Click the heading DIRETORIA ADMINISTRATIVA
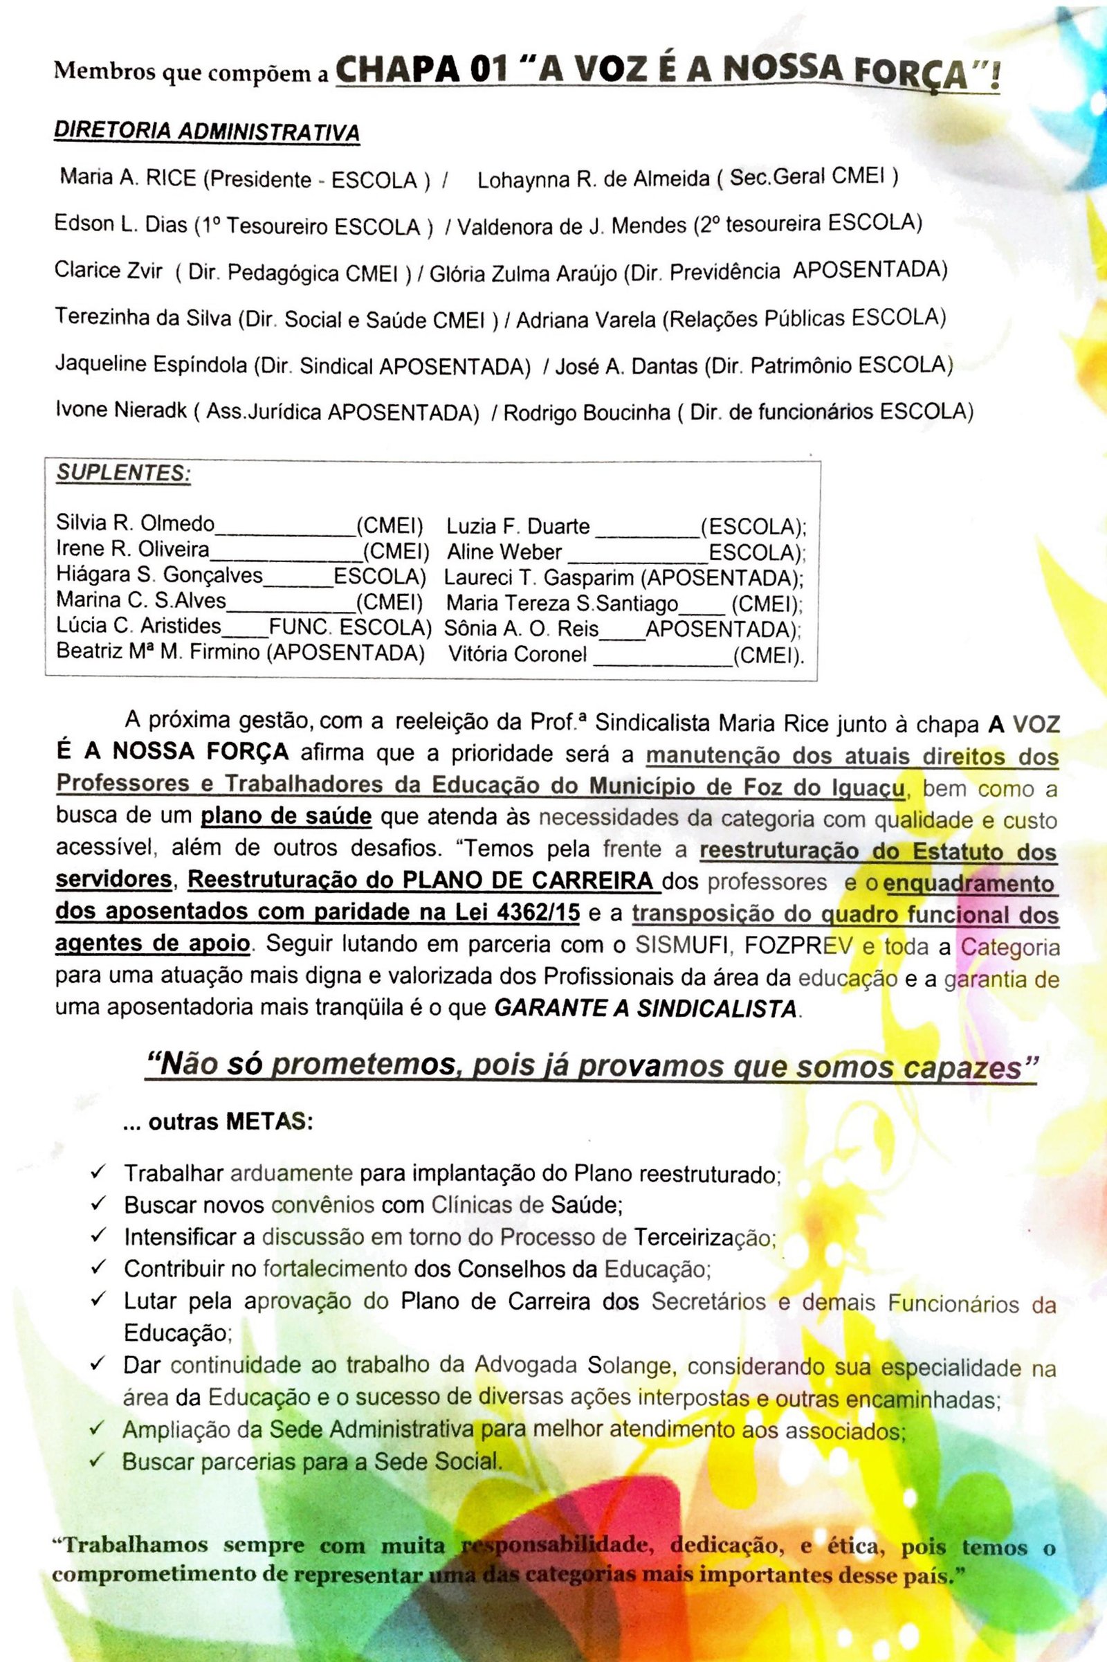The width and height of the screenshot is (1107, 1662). [x=207, y=132]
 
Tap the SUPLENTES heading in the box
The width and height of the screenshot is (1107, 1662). [x=124, y=473]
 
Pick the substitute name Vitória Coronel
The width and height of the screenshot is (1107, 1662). [x=518, y=655]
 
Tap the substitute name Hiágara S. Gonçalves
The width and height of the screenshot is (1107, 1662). [x=160, y=577]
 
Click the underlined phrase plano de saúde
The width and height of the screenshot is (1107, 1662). [x=286, y=817]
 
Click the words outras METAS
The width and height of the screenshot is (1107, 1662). [x=218, y=1121]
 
